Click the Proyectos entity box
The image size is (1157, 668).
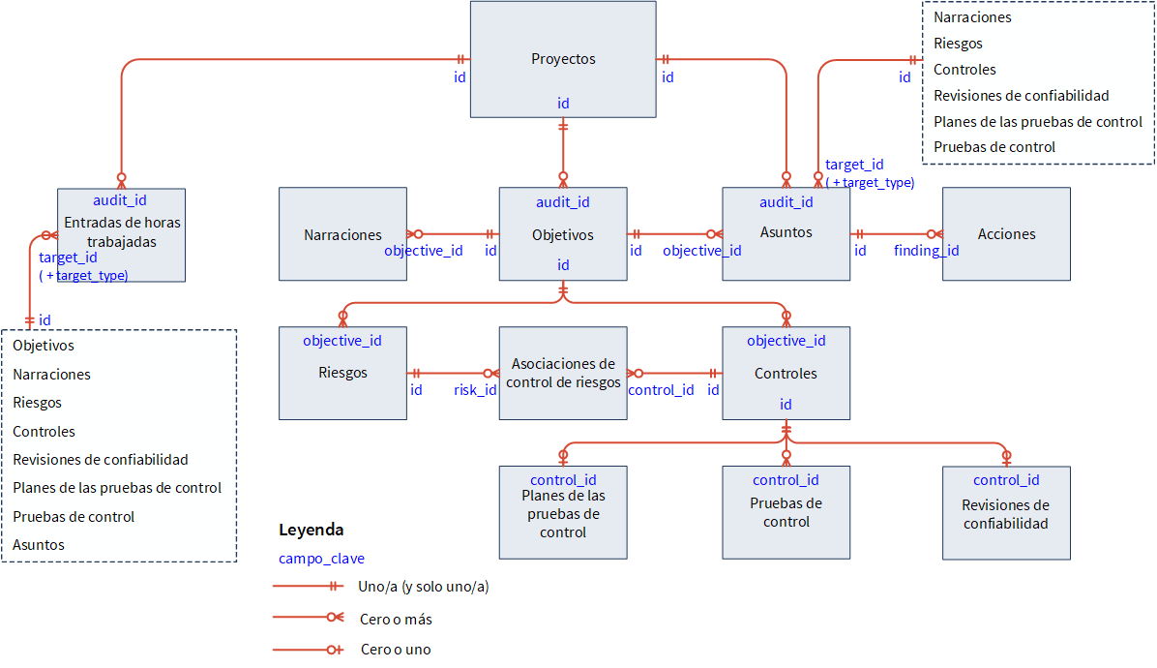563,59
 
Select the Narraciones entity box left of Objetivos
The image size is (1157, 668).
342,234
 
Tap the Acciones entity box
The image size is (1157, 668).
1006,234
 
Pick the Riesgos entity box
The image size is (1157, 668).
342,373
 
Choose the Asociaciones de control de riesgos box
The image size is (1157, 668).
563,373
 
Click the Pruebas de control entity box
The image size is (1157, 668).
786,513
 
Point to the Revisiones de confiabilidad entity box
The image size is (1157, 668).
1006,514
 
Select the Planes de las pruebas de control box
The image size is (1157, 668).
563,514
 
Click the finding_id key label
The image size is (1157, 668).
926,251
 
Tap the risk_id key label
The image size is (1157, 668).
475,390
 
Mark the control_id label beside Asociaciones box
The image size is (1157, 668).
661,390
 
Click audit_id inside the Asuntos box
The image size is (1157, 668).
786,202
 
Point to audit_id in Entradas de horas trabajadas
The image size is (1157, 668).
120,200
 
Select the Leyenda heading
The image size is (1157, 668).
311,531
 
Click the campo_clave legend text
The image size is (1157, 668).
321,559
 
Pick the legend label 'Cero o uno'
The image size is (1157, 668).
395,650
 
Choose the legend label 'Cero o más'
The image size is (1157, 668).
395,619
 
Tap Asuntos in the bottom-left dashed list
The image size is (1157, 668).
39,545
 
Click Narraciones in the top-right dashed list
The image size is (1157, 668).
972,17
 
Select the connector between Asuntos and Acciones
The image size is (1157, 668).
896,233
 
